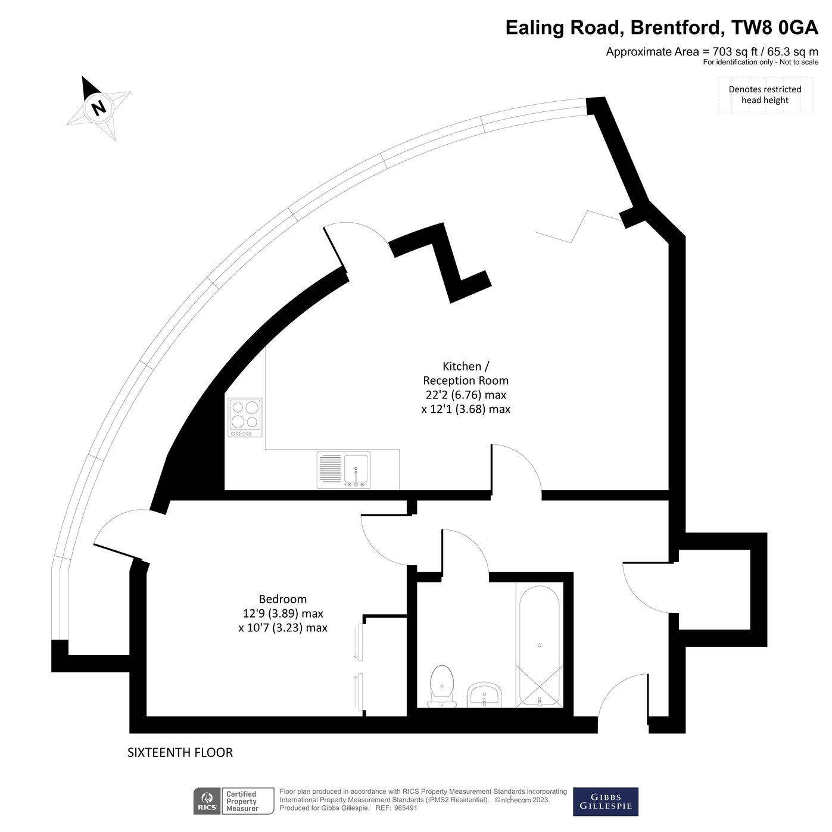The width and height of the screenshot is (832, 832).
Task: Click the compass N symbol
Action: point(98,108)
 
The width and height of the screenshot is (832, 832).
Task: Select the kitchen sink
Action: point(356,470)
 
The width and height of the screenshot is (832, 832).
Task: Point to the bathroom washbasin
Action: point(485,695)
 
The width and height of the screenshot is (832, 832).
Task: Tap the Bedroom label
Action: point(282,599)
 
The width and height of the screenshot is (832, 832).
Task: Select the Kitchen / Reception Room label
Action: point(466,373)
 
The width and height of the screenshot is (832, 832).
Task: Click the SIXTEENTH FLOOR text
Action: point(180,753)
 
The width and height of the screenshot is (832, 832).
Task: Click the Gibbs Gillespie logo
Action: point(605,802)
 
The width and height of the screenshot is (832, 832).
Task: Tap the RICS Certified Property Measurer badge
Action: point(233,801)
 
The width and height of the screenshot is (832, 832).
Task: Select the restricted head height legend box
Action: point(765,95)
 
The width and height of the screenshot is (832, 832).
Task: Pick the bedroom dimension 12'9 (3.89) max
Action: point(282,613)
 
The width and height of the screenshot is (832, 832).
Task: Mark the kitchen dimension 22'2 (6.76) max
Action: point(466,395)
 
